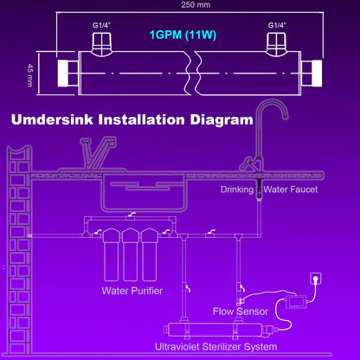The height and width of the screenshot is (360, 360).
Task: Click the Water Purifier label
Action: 133,291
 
